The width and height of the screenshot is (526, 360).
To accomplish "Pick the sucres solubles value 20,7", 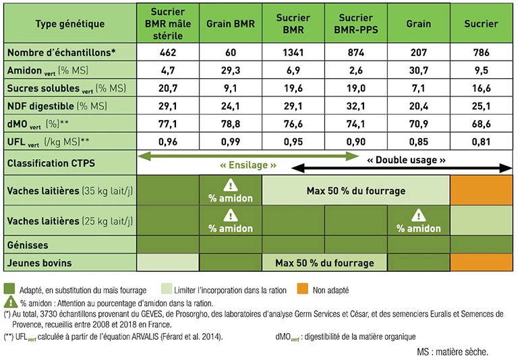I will [168, 88].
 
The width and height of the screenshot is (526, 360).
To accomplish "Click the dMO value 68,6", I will [481, 124].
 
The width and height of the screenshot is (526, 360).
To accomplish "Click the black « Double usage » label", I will [406, 160].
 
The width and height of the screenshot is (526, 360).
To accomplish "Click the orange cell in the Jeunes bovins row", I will [481, 262].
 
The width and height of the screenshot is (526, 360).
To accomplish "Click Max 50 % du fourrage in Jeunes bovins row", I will [324, 262].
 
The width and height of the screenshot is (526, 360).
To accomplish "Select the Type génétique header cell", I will [69, 24].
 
